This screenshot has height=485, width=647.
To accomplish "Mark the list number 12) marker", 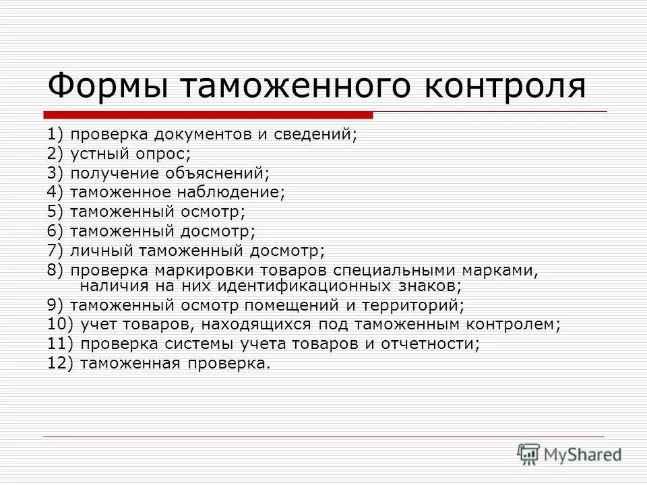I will coord(60,364).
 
